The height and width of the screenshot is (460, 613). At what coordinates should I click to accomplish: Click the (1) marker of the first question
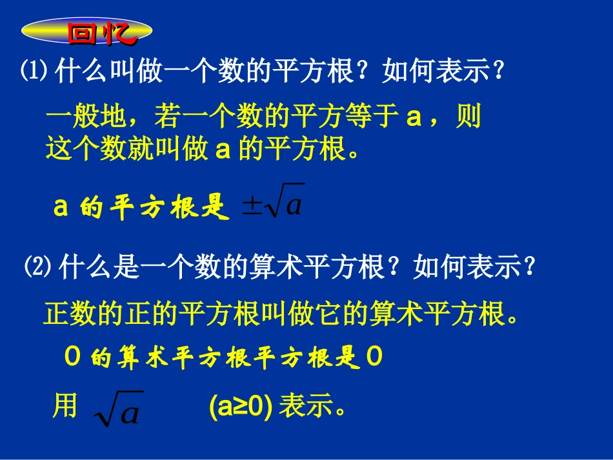tap(34, 72)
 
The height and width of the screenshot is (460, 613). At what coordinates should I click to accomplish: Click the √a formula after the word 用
tap(118, 408)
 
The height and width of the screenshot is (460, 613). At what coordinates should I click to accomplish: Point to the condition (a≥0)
tap(241, 407)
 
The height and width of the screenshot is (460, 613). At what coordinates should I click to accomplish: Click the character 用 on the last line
tap(65, 406)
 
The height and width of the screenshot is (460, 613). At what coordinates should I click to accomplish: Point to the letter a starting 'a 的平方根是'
tap(61, 208)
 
